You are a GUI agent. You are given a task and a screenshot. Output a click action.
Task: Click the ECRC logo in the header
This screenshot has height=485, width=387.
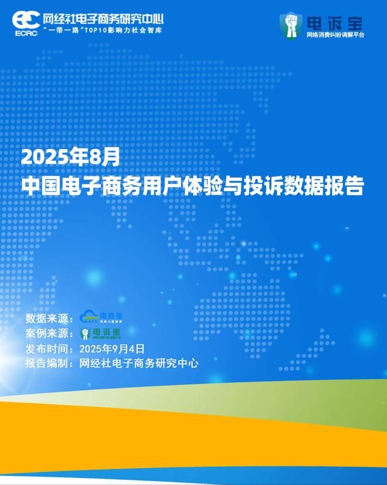(x=26, y=22)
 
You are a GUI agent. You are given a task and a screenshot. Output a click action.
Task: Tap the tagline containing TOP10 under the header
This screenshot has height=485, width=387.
(x=104, y=29)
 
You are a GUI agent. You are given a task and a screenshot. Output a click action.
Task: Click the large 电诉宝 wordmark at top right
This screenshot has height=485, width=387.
(x=334, y=23)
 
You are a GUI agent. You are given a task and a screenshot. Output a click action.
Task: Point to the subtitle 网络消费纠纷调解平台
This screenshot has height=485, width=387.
(x=335, y=35)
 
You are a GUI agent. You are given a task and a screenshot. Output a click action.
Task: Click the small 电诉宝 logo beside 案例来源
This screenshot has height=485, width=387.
(x=101, y=334)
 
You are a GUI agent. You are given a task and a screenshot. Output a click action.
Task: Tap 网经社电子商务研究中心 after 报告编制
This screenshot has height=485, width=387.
(x=138, y=364)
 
